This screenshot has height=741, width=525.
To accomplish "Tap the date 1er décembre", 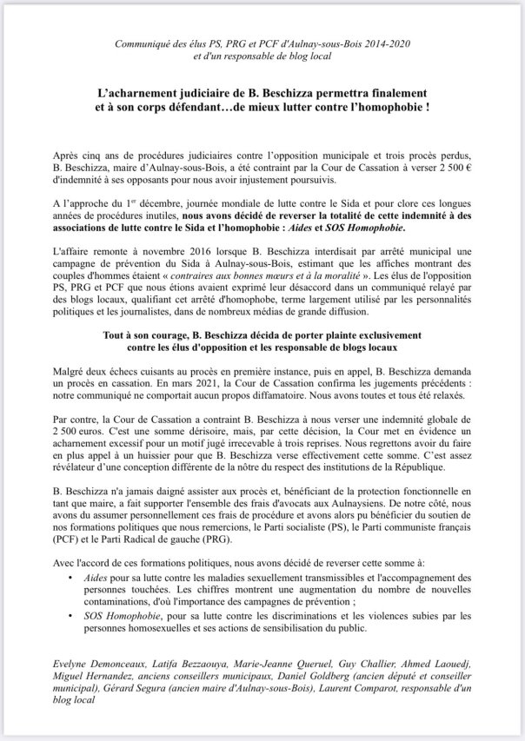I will [x=161, y=201].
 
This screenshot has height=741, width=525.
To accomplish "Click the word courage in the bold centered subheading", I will [x=172, y=334].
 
